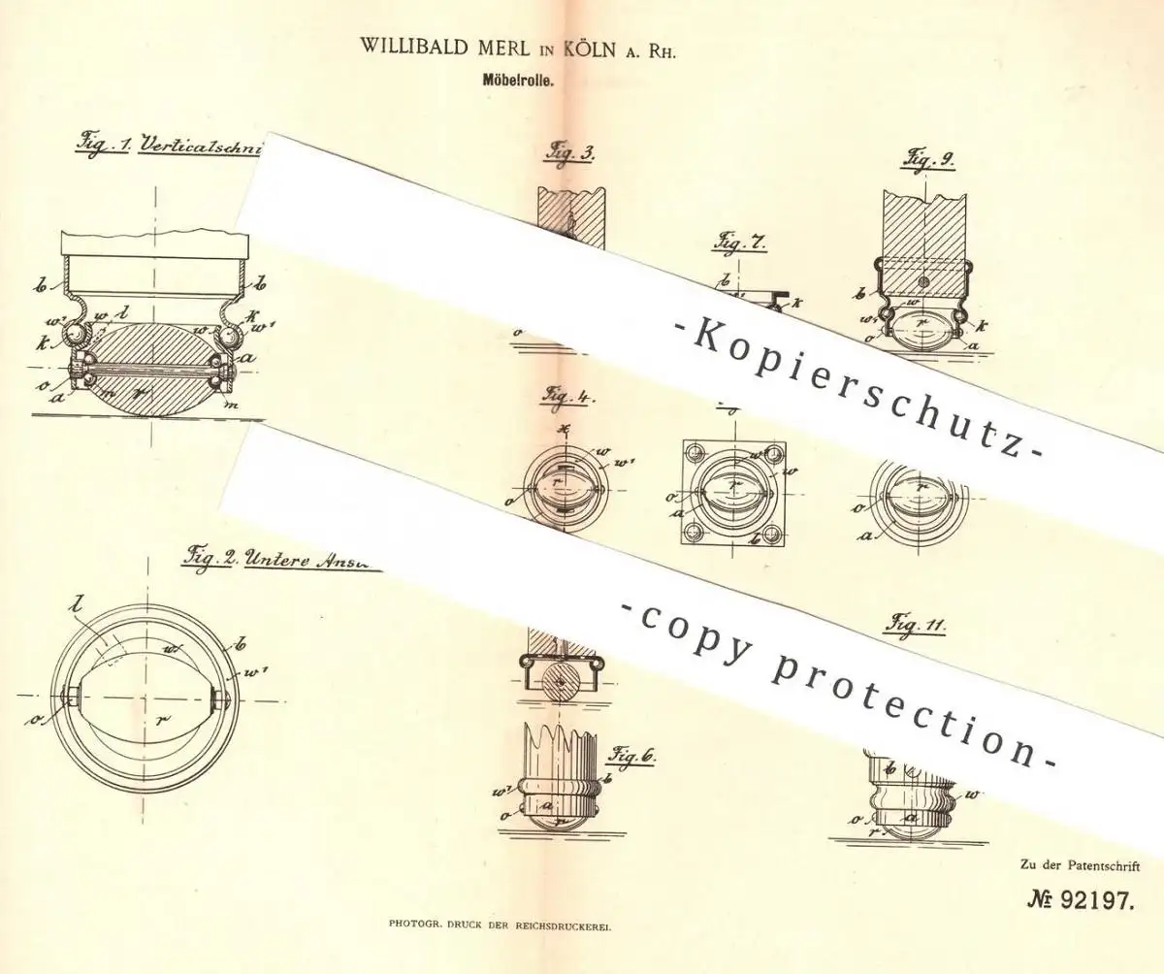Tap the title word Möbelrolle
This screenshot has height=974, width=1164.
(526, 83)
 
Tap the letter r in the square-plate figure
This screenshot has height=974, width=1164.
(740, 477)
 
